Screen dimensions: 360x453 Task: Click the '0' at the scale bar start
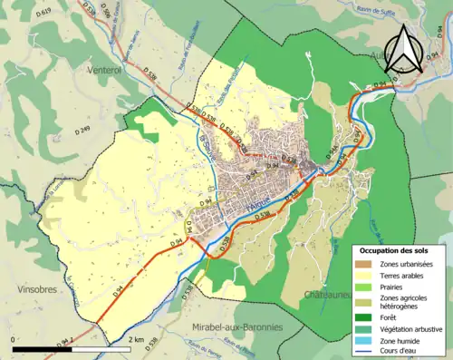coord(12,337)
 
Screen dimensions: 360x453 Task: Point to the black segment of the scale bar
coord(42,347)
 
